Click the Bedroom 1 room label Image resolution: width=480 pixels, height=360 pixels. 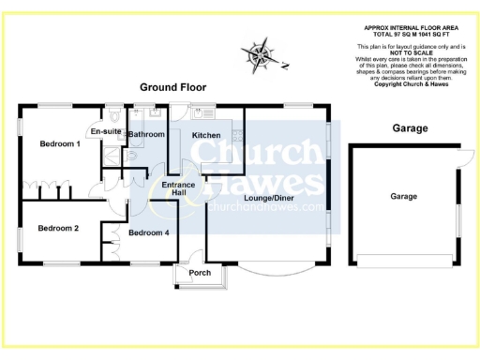coord(59,144)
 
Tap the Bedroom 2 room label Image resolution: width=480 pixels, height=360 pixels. coord(57,228)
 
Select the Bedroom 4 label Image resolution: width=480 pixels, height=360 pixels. coord(148,232)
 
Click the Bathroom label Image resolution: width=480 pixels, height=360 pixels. coord(147,135)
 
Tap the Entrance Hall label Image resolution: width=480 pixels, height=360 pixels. coord(178,190)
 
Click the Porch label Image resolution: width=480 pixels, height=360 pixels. coord(200,274)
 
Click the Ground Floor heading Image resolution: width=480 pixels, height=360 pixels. coord(172,87)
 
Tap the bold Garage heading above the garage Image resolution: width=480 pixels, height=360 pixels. coord(409,127)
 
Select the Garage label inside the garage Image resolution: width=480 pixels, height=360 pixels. coord(405,197)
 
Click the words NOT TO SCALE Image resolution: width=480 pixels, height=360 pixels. coord(409,52)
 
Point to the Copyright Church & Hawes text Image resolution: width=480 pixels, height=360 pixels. coord(409,83)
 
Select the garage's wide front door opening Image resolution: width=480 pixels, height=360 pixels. coord(404,260)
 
